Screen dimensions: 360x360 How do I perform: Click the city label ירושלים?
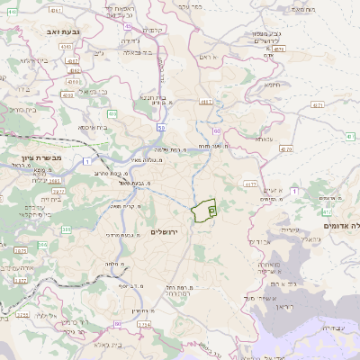pyautogui.click(x=166, y=232)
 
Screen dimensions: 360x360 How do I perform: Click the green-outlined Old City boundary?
pyautogui.click(x=205, y=209)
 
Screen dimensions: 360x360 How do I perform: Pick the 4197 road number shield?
pyautogui.click(x=205, y=103)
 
